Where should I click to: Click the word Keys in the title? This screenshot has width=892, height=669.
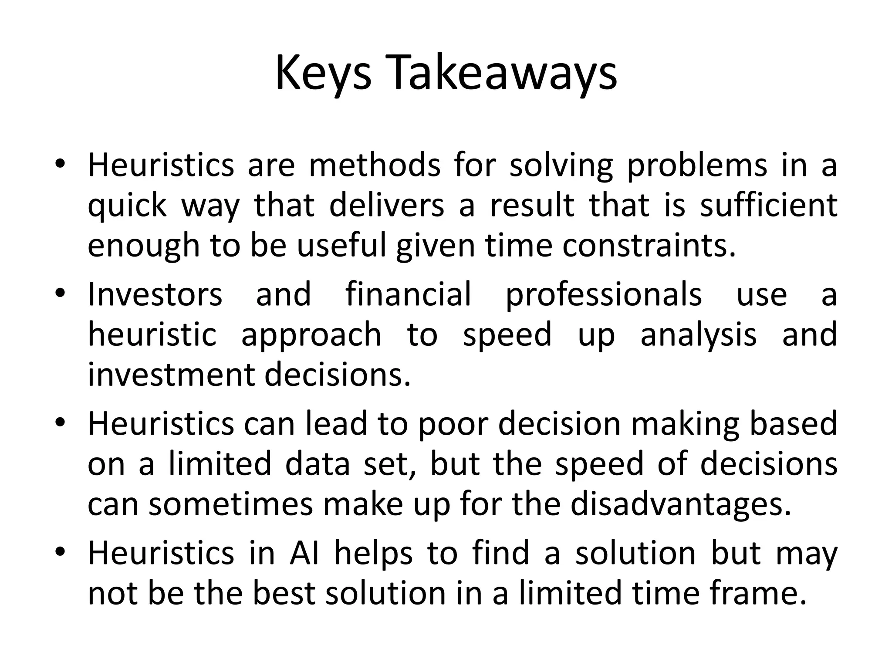tap(323, 74)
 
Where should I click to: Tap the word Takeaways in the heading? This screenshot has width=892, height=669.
tap(501, 74)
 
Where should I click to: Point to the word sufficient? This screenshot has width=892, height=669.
tap(768, 206)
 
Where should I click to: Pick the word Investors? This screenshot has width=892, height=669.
tap(155, 294)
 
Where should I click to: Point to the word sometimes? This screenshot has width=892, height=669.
tap(231, 504)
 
